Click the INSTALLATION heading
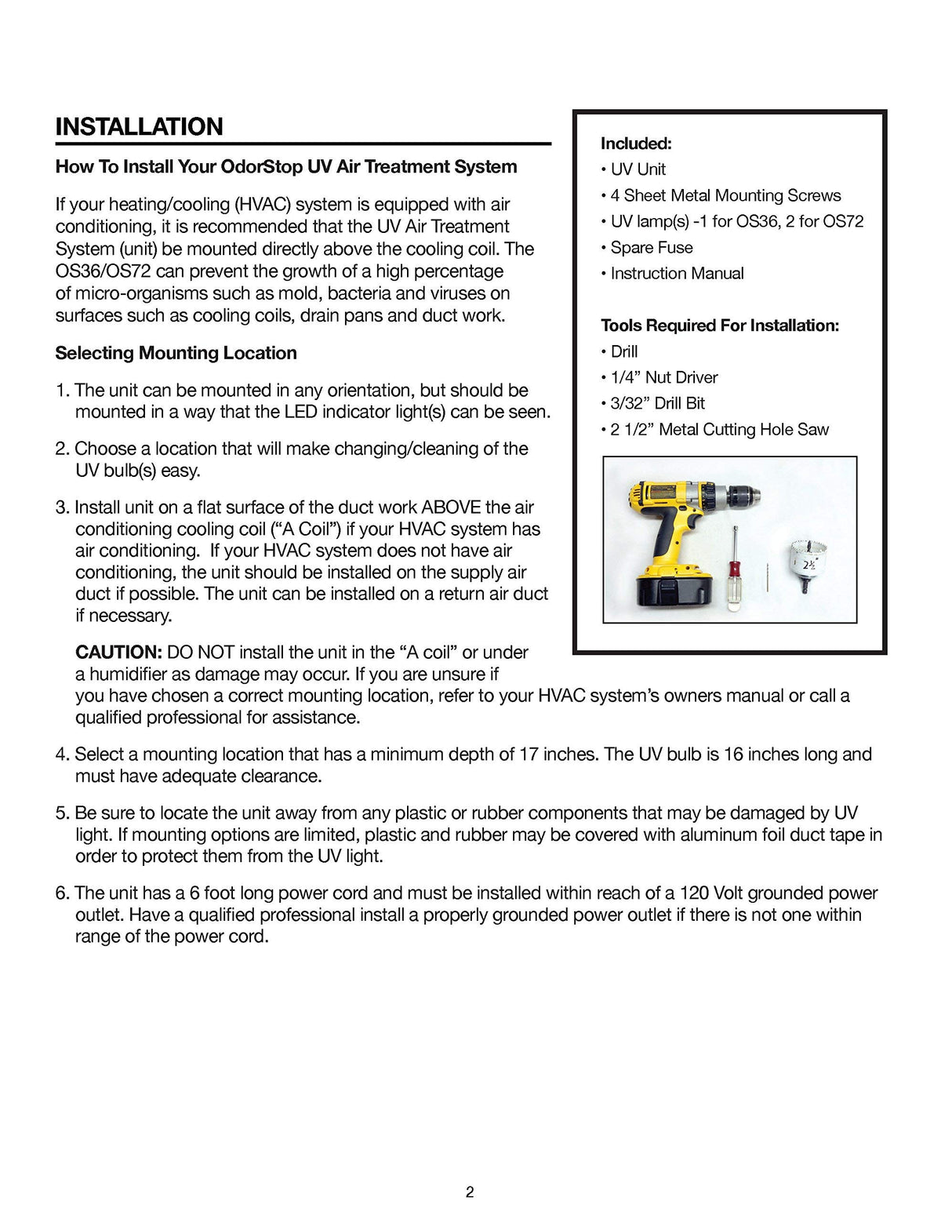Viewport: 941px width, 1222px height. (x=139, y=126)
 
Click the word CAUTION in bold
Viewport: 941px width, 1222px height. (x=118, y=652)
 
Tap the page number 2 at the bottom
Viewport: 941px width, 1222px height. (x=470, y=1192)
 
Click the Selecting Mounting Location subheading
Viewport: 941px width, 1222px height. (x=176, y=353)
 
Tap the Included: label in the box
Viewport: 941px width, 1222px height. (x=636, y=144)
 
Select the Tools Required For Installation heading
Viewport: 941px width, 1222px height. (x=719, y=326)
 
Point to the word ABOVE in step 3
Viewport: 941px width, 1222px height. (x=450, y=507)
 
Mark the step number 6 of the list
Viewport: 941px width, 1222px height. (x=61, y=893)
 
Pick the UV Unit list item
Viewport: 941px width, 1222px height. (x=638, y=169)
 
